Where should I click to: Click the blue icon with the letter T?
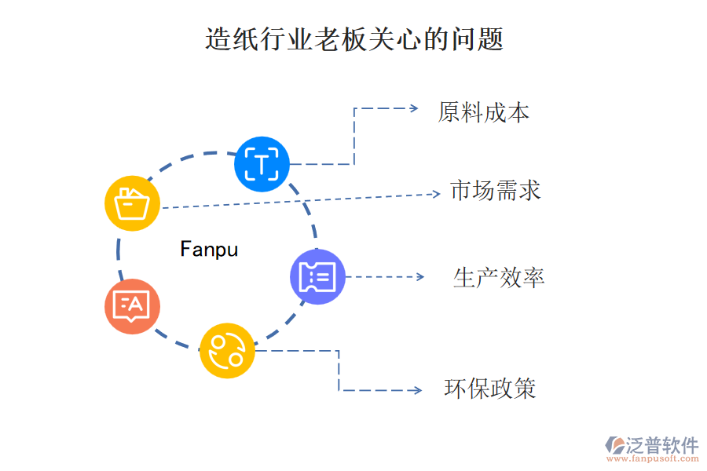tap(262, 164)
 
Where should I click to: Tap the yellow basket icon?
tap(132, 203)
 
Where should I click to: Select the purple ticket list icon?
tap(317, 276)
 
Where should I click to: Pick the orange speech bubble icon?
tap(132, 306)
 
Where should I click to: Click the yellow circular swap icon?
tap(227, 350)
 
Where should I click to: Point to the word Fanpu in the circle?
tap(209, 250)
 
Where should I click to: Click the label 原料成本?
tap(483, 112)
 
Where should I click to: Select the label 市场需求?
tap(495, 190)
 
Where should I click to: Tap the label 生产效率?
tap(499, 277)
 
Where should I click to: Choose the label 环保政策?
tap(490, 389)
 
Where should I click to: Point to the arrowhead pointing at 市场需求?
tap(436, 193)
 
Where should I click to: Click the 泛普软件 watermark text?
tap(661, 445)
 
